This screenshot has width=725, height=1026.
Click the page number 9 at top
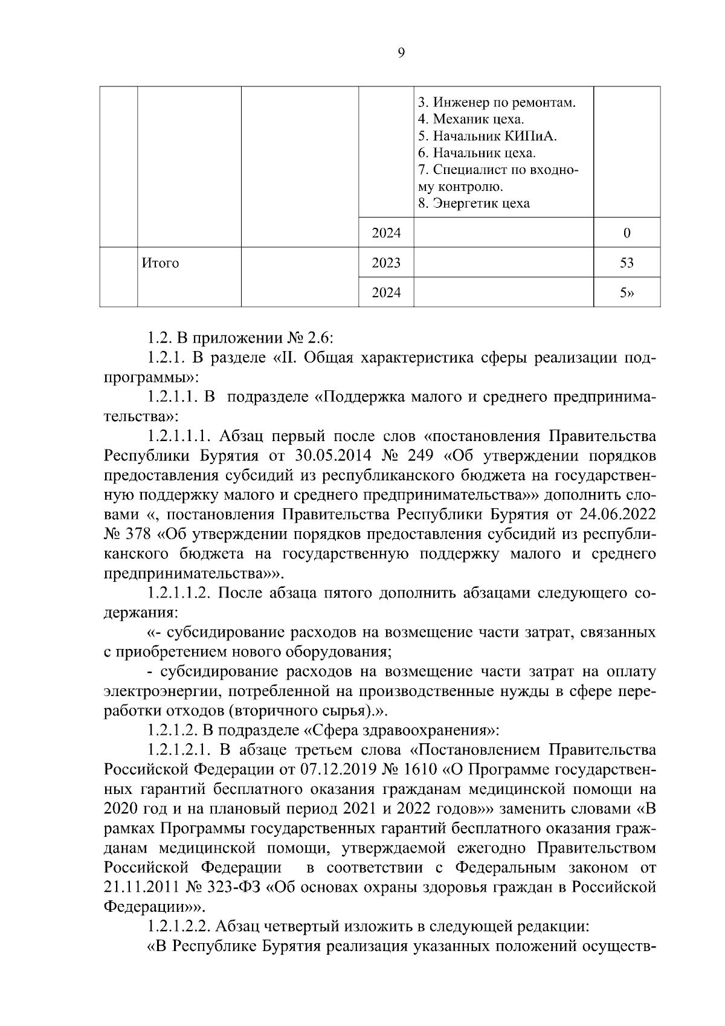click(402, 53)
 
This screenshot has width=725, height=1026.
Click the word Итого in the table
click(160, 263)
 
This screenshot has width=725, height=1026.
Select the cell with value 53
click(627, 263)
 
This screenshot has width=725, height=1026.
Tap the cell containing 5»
click(627, 293)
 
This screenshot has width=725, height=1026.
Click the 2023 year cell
click(386, 263)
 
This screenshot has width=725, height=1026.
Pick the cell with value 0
click(627, 233)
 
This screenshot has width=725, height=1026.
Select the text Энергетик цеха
click(474, 203)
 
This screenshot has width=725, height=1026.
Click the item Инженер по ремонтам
click(497, 102)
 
